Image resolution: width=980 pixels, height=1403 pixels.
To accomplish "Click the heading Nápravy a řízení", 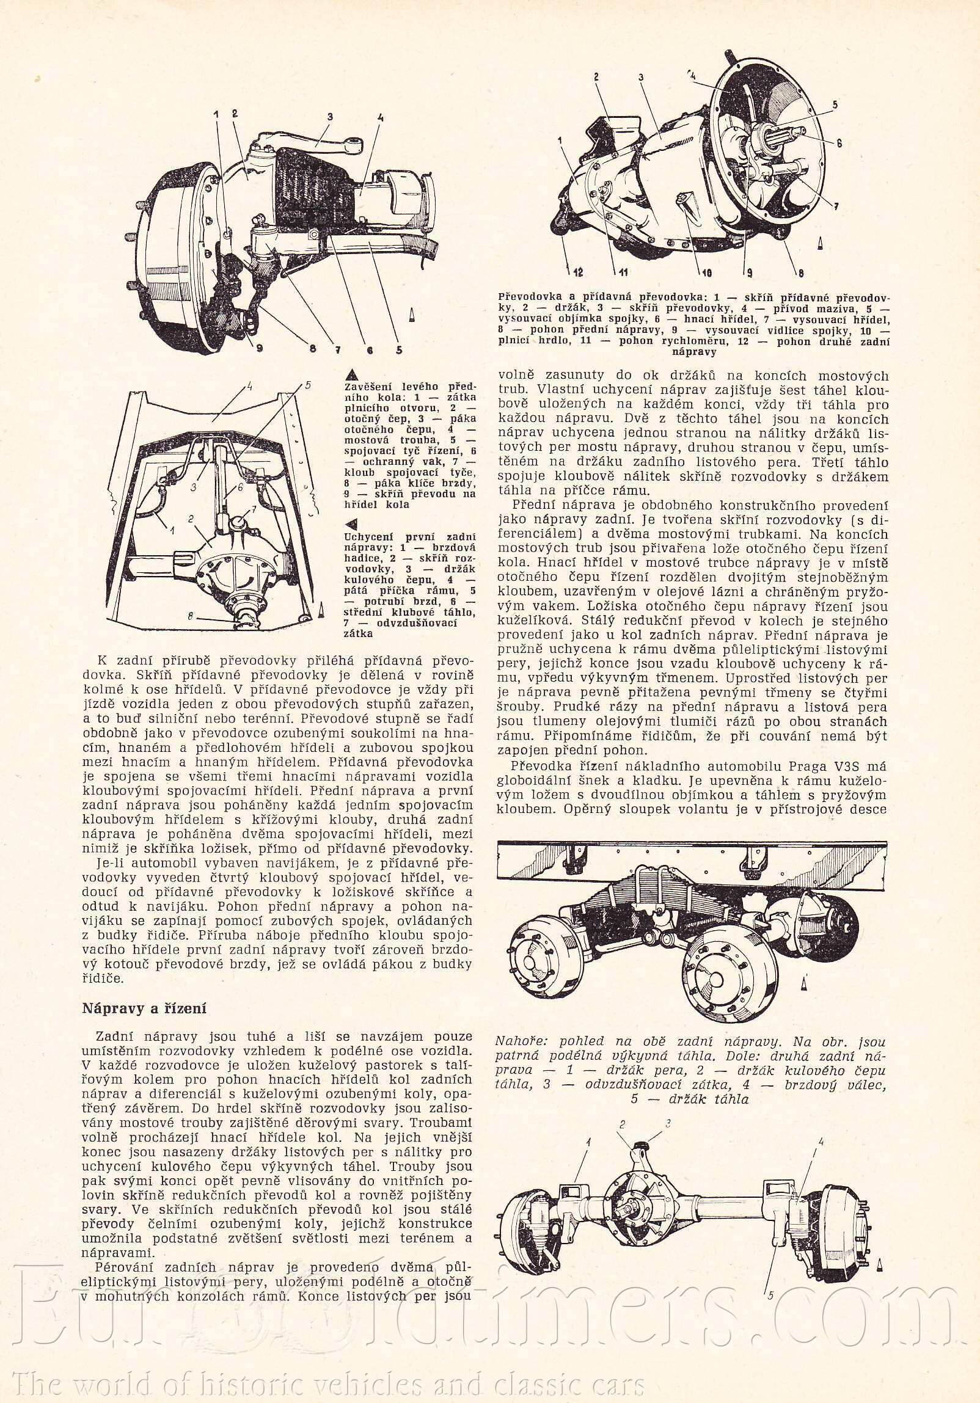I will click(x=144, y=1009).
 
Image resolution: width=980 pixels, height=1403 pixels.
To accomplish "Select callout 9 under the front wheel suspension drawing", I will click(x=259, y=349).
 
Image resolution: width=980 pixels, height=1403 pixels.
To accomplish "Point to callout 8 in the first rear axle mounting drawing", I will click(x=191, y=617).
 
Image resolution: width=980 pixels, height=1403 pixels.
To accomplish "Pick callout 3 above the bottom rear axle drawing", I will click(x=668, y=1123).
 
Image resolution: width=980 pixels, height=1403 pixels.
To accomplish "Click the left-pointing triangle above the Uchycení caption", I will click(x=351, y=523).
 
